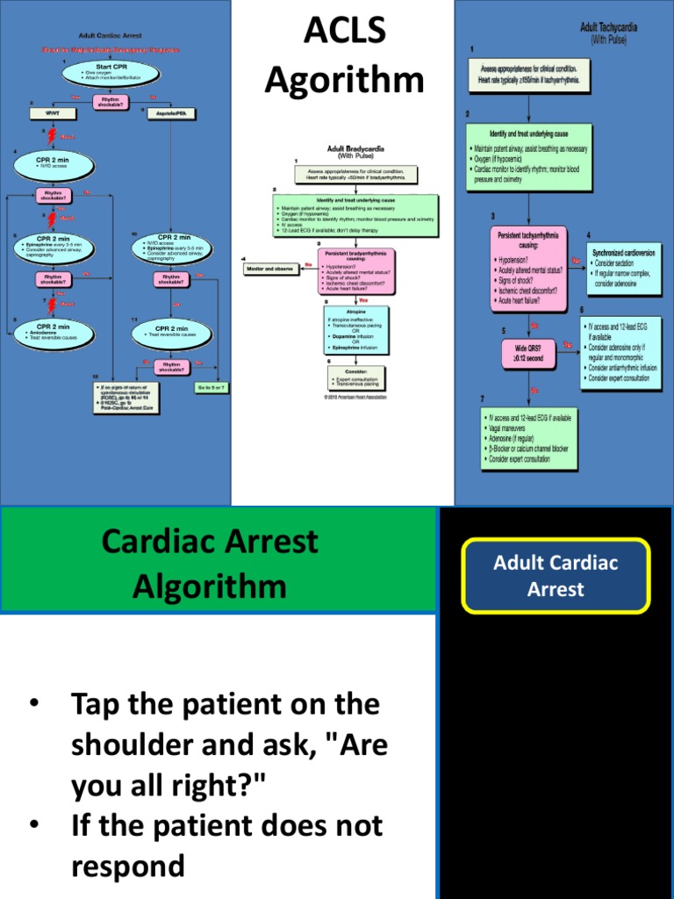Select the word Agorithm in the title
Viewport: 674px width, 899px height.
(343, 81)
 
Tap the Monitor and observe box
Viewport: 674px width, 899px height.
(273, 269)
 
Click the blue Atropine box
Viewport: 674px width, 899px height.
(356, 328)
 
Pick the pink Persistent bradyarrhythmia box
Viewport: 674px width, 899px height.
(356, 270)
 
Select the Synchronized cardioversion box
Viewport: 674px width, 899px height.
(623, 269)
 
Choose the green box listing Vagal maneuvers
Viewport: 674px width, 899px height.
(528, 438)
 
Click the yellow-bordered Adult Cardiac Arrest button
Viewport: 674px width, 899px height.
(556, 576)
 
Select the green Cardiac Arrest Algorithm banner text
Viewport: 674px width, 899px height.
(210, 563)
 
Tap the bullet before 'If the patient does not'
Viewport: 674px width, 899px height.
(34, 825)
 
